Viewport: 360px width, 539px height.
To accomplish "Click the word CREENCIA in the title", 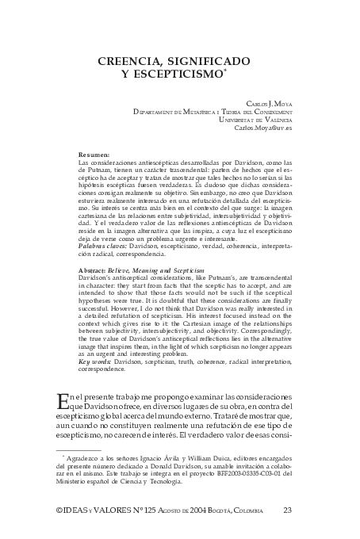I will pos(129,61).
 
